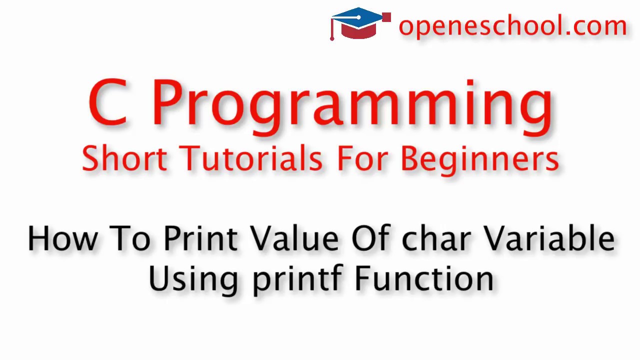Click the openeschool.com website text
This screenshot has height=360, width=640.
click(512, 25)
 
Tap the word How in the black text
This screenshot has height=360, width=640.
click(62, 238)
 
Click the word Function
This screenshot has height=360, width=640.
click(424, 278)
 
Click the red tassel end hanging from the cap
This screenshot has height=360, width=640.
click(332, 37)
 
